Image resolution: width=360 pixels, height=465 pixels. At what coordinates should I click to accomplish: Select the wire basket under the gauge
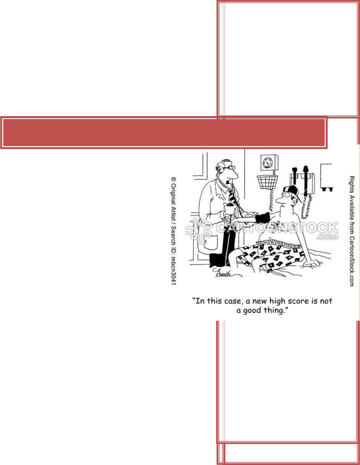coord(268,182)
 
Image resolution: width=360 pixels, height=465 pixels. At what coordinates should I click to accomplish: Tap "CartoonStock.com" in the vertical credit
coord(352,261)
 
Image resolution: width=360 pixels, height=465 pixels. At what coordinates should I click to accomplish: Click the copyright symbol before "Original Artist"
coord(174,179)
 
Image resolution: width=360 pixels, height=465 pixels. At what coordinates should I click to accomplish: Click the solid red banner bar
coord(164,133)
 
